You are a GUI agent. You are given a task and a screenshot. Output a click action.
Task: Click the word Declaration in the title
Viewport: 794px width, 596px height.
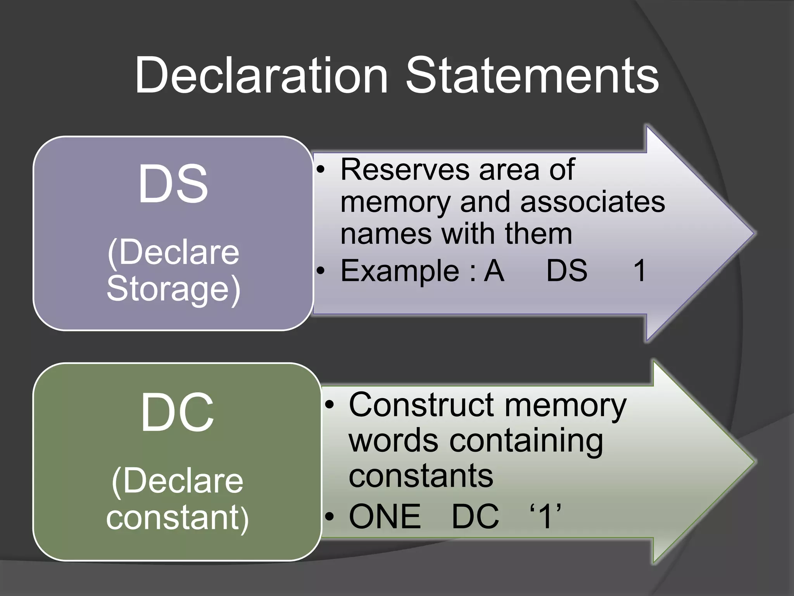pos(261,75)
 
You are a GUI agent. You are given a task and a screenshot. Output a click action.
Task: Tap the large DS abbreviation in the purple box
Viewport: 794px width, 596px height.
pos(173,184)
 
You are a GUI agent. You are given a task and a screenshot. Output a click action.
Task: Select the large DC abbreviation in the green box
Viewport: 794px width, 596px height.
pos(177,412)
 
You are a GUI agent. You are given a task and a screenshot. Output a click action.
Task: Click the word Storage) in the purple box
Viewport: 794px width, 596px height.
pos(173,289)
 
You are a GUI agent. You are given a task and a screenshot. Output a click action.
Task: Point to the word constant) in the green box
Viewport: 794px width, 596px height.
pos(177,518)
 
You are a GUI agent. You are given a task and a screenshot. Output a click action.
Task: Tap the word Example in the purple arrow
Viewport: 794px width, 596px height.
pos(400,270)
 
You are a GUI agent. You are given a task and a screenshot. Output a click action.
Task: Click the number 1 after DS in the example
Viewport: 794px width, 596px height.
pos(639,270)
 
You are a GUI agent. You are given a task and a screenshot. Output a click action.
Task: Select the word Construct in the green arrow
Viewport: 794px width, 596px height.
pos(421,405)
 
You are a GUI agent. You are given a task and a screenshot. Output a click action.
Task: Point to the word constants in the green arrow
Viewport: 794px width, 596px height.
pos(421,476)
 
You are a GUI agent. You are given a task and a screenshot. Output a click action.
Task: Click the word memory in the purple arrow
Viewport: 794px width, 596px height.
pos(395,202)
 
